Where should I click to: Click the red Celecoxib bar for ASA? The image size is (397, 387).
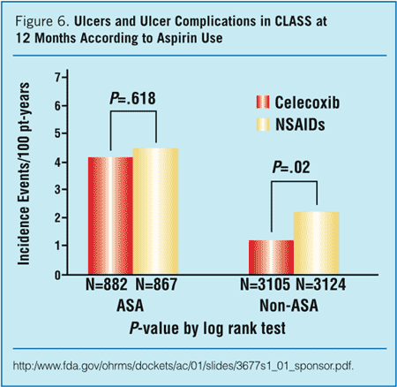(x=110, y=216)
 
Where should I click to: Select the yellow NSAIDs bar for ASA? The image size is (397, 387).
(x=156, y=211)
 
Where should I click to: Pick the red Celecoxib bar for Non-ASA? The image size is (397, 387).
(x=271, y=257)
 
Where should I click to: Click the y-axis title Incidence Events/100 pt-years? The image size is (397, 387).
(x=33, y=173)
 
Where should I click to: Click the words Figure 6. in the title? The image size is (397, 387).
(x=43, y=20)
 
